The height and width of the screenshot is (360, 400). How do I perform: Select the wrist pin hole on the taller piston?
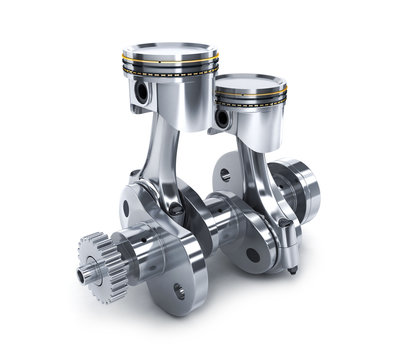(x=140, y=92)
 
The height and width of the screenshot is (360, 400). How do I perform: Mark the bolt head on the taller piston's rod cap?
(x=176, y=208)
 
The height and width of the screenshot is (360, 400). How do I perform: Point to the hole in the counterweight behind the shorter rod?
(x=225, y=174)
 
